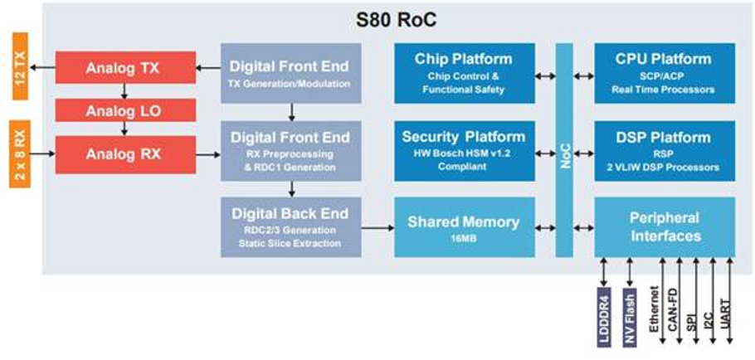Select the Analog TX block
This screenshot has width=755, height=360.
tap(125, 68)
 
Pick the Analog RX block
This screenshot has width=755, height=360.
tap(125, 154)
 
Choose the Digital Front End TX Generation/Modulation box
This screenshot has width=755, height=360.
tap(290, 73)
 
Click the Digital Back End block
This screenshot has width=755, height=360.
tap(290, 226)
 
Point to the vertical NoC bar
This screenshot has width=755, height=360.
tap(564, 150)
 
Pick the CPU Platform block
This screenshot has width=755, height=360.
tap(664, 73)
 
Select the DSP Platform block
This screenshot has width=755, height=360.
tap(664, 151)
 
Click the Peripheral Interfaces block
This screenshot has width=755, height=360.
tap(664, 227)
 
